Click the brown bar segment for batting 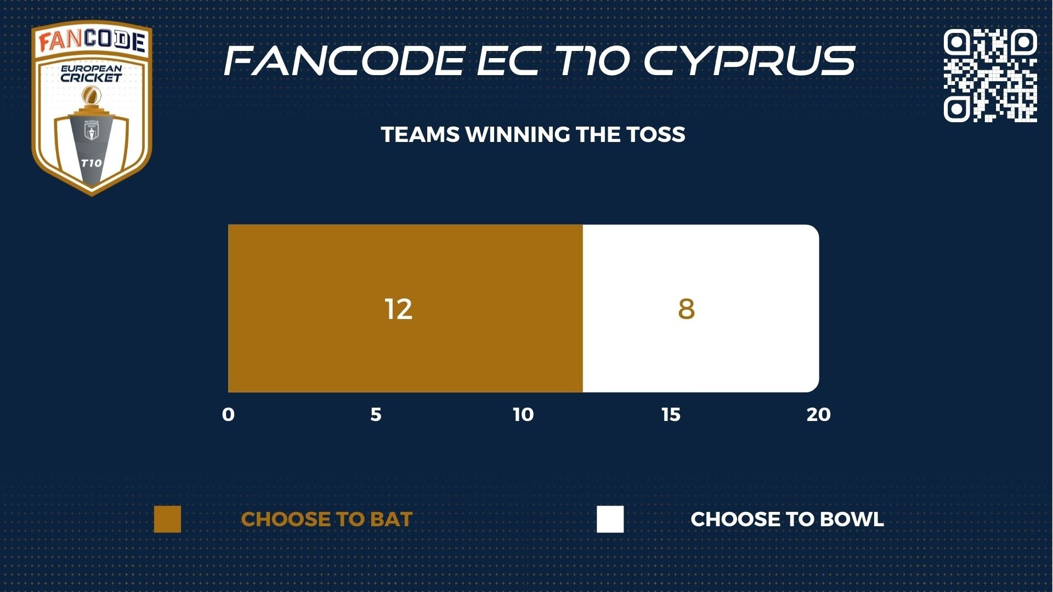pos(405,308)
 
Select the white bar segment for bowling pos(701,308)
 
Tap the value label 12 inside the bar pos(398,309)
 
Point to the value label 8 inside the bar pos(686,309)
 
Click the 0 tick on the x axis pos(228,414)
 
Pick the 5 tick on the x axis pos(376,414)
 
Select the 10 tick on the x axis pos(523,414)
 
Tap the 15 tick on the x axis pos(671,414)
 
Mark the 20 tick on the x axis pos(818,414)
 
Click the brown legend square pos(167,519)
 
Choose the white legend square pos(610,519)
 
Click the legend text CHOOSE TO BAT pos(326,519)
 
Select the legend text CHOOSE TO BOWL pos(787,519)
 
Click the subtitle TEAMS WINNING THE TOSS pos(533,134)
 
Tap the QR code pos(990,75)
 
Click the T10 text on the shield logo pos(91,163)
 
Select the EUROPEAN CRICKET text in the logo pos(91,74)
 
